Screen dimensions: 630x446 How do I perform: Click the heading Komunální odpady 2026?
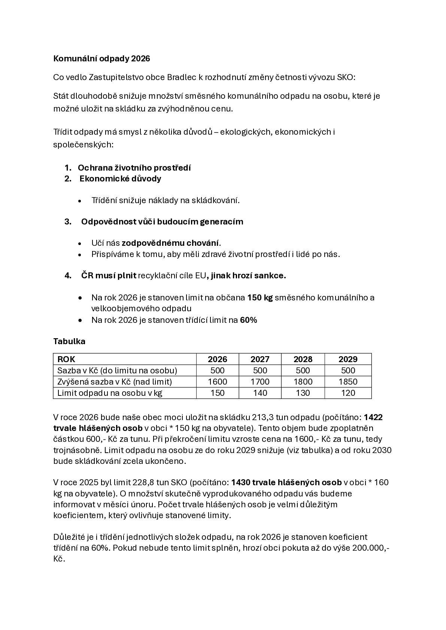pos(101,59)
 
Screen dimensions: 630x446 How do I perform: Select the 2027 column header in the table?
pos(260,359)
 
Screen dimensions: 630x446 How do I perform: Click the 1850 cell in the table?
pos(348,382)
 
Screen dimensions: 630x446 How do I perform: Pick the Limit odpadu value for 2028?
pos(303,393)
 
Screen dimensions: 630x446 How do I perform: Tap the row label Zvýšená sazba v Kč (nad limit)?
pos(114,382)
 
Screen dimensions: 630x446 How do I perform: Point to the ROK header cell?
pos(66,359)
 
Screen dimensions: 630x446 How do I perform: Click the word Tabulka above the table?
pos(69,341)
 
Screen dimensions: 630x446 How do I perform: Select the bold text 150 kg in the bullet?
pos(260,298)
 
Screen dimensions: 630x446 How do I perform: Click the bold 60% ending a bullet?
pos(248,320)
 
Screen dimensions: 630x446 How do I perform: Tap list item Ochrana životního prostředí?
pos(134,168)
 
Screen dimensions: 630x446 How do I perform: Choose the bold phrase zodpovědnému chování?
pos(170,243)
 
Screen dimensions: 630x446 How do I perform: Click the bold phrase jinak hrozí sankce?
pos(248,276)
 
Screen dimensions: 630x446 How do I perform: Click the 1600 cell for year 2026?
pos(217,382)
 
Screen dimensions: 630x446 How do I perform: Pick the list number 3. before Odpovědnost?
pos(68,221)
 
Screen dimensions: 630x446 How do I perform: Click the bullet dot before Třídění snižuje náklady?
pos(80,201)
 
